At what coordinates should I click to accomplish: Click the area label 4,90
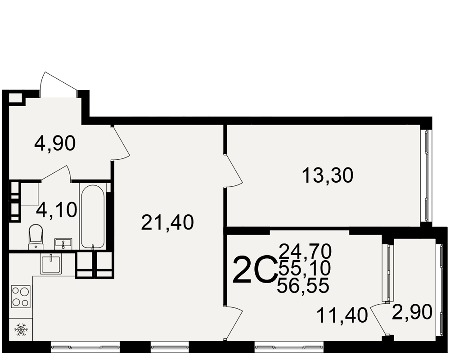[x=55, y=144]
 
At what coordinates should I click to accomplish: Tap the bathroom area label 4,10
[x=57, y=210]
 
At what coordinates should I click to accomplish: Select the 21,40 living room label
[x=167, y=222]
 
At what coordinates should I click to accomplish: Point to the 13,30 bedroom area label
[x=328, y=175]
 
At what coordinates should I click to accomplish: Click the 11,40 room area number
[x=342, y=315]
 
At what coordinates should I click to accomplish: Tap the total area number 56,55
[x=303, y=286]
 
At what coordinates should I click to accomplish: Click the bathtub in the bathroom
[x=92, y=216]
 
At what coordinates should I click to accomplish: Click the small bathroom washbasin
[x=63, y=244]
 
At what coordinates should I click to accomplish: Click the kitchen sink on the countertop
[x=51, y=264]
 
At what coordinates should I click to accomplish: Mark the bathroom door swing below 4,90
[x=56, y=173]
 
